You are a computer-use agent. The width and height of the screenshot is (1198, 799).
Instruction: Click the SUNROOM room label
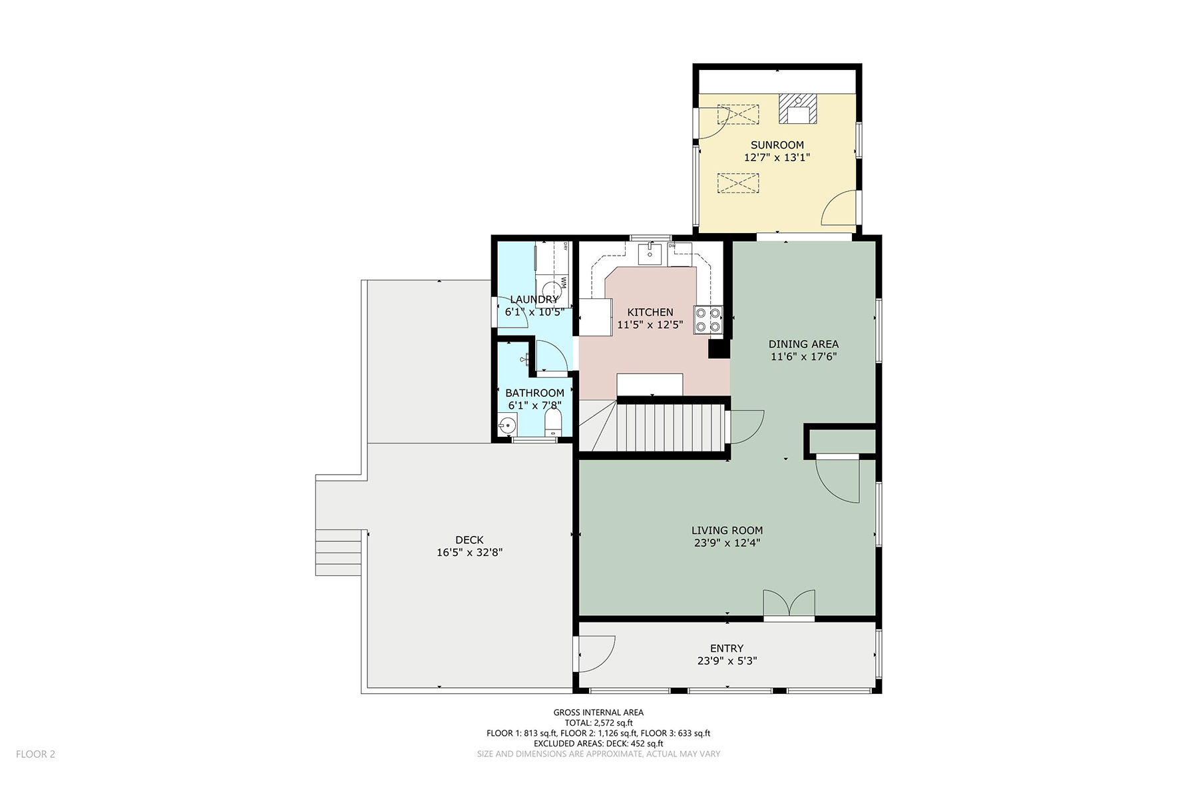tap(777, 145)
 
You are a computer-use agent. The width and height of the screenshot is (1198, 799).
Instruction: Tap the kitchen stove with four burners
tap(709, 319)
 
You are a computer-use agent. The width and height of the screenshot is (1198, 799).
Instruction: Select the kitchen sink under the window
tap(650, 254)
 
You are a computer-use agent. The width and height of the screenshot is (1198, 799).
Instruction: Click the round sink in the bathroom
tap(508, 425)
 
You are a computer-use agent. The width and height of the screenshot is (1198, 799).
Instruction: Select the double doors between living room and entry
tap(789, 605)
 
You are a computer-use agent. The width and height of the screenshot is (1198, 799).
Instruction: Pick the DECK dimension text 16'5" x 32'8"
tap(469, 553)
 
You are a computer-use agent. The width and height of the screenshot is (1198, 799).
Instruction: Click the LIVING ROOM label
tap(727, 531)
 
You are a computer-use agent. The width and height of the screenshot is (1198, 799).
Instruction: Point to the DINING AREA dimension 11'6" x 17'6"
tap(803, 357)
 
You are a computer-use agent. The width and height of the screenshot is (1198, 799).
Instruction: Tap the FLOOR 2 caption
tap(35, 754)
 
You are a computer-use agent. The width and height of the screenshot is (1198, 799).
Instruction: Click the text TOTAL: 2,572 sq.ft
tap(598, 723)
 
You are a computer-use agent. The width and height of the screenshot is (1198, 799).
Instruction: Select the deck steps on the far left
tap(339, 552)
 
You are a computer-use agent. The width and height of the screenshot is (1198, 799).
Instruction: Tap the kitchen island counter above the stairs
tap(650, 384)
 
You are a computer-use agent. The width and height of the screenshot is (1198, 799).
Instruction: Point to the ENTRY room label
tap(727, 649)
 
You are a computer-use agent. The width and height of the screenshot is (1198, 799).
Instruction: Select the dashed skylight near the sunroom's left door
tap(738, 115)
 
